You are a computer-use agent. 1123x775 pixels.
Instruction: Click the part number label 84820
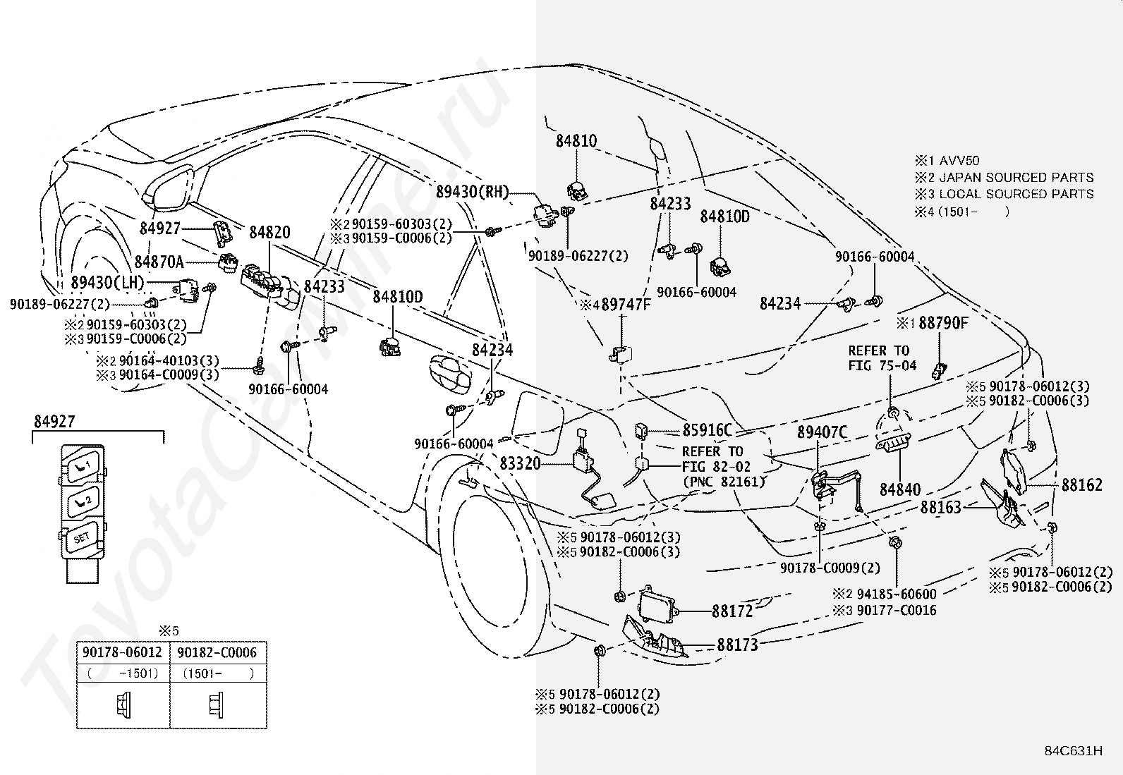pyautogui.click(x=269, y=233)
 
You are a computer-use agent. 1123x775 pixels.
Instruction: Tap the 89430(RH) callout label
pyautogui.click(x=472, y=192)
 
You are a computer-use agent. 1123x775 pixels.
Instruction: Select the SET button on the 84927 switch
pyautogui.click(x=81, y=538)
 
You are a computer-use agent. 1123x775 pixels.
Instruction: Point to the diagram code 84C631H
pyautogui.click(x=1074, y=750)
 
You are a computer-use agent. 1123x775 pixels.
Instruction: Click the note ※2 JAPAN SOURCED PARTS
pyautogui.click(x=1004, y=178)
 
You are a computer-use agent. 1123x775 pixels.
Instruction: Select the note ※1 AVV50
pyautogui.click(x=947, y=161)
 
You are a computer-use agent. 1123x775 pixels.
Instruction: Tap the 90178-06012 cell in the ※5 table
pyautogui.click(x=123, y=652)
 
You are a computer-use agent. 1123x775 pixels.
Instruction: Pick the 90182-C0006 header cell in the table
pyautogui.click(x=217, y=652)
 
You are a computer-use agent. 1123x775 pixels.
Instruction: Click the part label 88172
pyautogui.click(x=732, y=611)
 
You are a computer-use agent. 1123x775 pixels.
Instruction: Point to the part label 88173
pyautogui.click(x=737, y=645)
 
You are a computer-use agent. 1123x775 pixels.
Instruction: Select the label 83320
pyautogui.click(x=521, y=464)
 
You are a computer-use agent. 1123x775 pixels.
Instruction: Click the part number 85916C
pyautogui.click(x=708, y=430)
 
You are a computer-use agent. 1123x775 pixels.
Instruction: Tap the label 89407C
pyautogui.click(x=822, y=432)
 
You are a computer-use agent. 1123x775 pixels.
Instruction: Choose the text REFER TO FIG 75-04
pyautogui.click(x=882, y=358)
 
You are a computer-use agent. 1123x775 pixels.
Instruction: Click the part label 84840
pyautogui.click(x=900, y=489)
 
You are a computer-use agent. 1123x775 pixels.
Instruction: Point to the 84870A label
pyautogui.click(x=159, y=262)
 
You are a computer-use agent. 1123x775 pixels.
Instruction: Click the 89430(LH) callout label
pyautogui.click(x=107, y=282)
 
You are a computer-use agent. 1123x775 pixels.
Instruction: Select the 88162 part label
pyautogui.click(x=1082, y=484)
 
